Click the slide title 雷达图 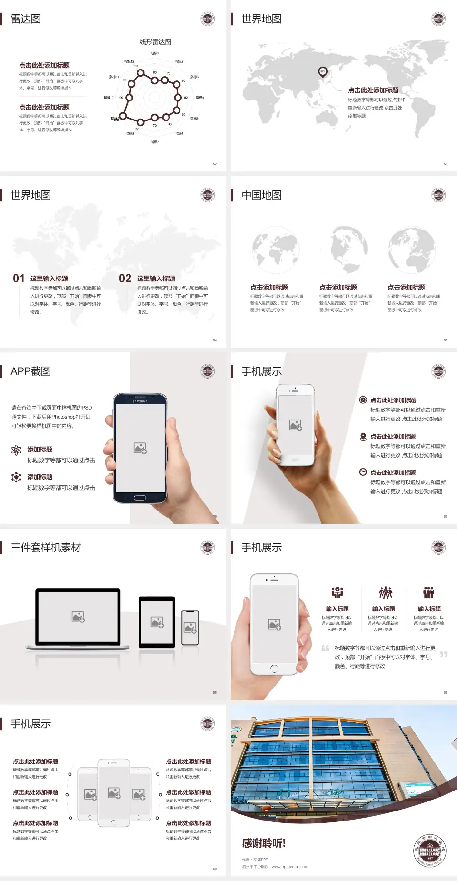coord(26,19)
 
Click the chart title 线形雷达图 coord(155,42)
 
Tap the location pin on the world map coord(323,72)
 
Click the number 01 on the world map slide coord(19,279)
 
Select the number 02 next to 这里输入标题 coord(125,279)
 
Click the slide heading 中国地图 coord(261,195)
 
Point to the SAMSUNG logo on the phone coord(140,401)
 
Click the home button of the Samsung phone coord(139,498)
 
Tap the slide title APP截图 coord(30,371)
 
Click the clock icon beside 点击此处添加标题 coord(363,472)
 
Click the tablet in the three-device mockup coord(157,622)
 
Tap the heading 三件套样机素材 coord(46,548)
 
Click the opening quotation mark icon coord(326,648)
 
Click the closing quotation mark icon coord(444,654)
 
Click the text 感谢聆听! coord(264,843)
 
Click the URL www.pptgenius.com coord(290,867)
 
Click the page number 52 coord(215,164)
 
